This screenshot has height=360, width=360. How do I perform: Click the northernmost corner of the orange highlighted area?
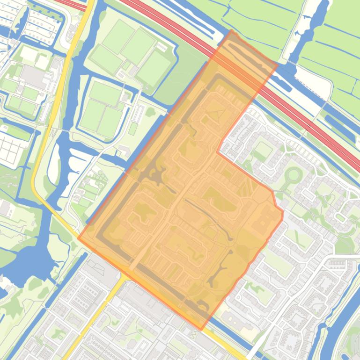pyautogui.click(x=231, y=30)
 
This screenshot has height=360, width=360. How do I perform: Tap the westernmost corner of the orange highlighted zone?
pyautogui.click(x=78, y=238)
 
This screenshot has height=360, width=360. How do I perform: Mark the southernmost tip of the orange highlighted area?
pyautogui.click(x=202, y=330)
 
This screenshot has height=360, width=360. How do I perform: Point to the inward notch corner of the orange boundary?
pyautogui.click(x=218, y=151)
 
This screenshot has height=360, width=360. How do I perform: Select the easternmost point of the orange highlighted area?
pyautogui.click(x=283, y=213)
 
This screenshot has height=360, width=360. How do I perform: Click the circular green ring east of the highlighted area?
pyautogui.click(x=294, y=176)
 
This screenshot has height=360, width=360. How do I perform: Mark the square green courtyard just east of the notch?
pyautogui.click(x=263, y=151)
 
